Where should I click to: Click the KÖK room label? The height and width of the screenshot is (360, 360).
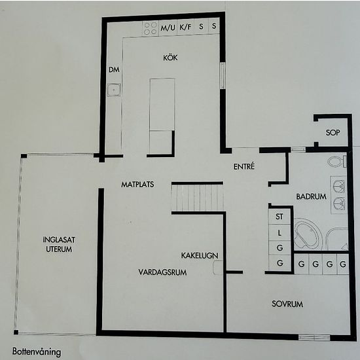pos(170,58)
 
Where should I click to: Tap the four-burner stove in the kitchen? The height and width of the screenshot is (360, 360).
pos(151,28)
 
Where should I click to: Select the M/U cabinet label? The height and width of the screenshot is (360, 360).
pos(168,27)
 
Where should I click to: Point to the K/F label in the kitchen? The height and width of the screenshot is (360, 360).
pos(185,27)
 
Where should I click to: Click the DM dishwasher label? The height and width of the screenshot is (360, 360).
pos(114,70)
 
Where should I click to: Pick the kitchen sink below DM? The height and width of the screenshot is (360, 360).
pos(114,90)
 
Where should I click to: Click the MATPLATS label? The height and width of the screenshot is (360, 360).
pos(137,185)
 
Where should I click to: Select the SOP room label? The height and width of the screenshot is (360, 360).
pos(333,132)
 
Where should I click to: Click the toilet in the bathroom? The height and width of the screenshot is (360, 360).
pos(337,162)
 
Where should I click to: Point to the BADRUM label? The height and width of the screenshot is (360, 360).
pos(311,196)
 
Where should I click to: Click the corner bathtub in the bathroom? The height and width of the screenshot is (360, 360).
pos(307,234)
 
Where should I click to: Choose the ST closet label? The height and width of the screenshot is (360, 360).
pos(279,217)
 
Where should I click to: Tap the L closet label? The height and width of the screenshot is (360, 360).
pos(279,233)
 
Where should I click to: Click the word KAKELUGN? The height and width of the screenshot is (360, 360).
pos(200,255)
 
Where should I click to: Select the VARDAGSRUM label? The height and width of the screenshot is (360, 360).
pos(162,272)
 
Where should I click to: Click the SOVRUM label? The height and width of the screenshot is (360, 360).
pos(287,304)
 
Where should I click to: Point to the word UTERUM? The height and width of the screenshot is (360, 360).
pos(59,249)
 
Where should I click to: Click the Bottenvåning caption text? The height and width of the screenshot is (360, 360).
pos(37,352)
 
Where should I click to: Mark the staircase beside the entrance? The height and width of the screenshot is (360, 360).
pos(198,198)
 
